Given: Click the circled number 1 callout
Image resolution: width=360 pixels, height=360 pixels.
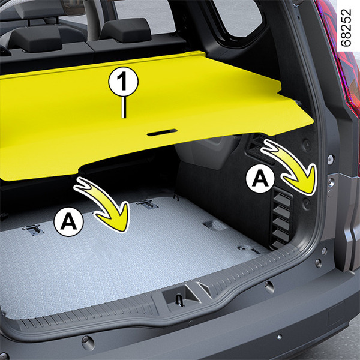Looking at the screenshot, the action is click(x=123, y=82).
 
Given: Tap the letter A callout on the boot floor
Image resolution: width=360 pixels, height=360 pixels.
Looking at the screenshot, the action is click(x=68, y=221).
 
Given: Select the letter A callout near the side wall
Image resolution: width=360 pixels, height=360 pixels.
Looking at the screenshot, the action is click(x=260, y=178).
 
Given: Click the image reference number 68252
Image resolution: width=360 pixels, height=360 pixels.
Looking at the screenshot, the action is click(x=346, y=28).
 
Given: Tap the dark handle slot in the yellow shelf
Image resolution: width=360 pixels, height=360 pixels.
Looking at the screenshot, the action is click(x=162, y=132).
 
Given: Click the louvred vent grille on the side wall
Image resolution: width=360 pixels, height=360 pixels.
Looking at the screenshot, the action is click(x=282, y=218).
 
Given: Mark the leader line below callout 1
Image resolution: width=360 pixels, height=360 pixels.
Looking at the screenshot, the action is click(x=124, y=107).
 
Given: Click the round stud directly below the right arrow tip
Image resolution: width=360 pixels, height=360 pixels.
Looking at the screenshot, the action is click(x=307, y=203).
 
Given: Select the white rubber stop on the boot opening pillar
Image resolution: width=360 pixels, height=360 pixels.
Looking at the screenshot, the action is click(x=331, y=159).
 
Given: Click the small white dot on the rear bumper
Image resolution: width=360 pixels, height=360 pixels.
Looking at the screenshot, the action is click(x=280, y=337).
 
